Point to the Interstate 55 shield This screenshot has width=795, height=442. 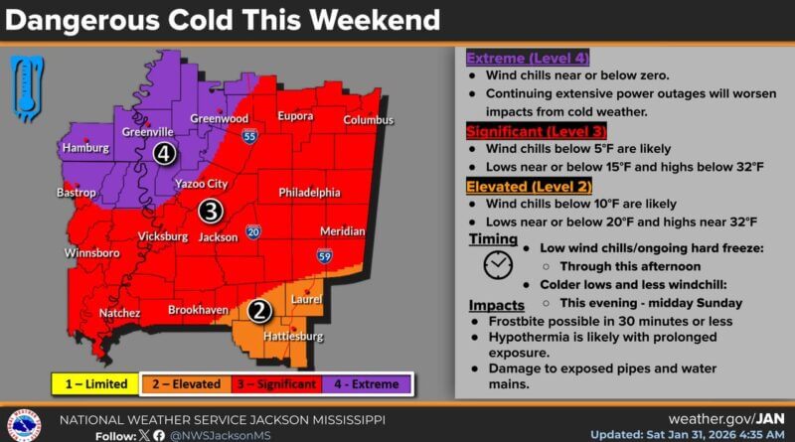pos(248,136)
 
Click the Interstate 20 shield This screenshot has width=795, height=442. pos(253,231)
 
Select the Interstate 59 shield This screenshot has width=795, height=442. pos(325,256)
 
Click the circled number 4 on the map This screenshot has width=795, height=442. pos(164,153)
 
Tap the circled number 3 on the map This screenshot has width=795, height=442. pos(210,211)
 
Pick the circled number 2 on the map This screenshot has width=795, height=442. pos(259,311)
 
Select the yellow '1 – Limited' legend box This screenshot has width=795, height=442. pos(96,383)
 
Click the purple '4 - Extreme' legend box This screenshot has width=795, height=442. pos(367,383)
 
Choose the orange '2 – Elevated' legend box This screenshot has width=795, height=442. pos(186,383)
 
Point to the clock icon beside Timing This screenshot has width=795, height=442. pos(498,265)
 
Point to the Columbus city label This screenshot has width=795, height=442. pos(369,120)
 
